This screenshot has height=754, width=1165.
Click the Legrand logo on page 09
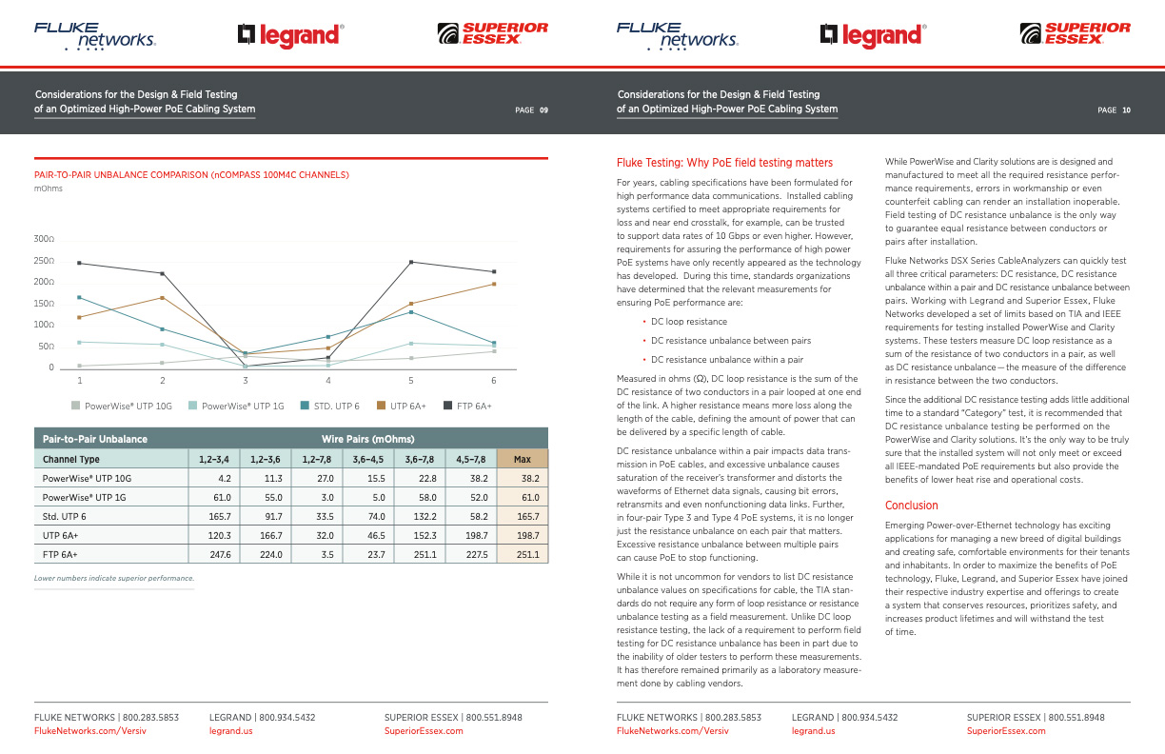[290, 35]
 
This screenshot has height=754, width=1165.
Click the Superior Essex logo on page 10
[1075, 34]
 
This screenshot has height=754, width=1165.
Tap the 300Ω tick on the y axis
[45, 239]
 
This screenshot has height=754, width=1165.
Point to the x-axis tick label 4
[328, 381]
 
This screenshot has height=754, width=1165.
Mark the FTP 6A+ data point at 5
[411, 262]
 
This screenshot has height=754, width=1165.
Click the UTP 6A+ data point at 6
[494, 284]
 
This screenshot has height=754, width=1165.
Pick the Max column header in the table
[523, 459]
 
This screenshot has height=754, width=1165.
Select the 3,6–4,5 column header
[368, 459]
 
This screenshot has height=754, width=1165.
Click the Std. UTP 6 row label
[65, 516]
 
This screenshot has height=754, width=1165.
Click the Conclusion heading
[912, 506]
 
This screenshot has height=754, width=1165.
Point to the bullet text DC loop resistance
[689, 322]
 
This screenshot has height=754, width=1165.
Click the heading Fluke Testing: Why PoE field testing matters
[725, 163]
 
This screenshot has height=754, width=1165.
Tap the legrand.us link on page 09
[231, 731]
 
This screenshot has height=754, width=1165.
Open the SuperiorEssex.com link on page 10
[1006, 731]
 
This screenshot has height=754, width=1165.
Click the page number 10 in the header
[1126, 110]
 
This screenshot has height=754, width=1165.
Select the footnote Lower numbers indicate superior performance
[114, 578]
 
